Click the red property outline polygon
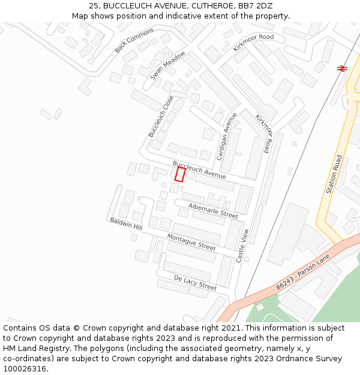coord(180,174)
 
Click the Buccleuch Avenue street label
coord(199,170)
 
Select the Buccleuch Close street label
coord(161,116)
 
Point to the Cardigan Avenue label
coord(227,136)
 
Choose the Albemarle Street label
coord(213,210)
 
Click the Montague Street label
coord(191,242)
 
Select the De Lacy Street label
coord(195,283)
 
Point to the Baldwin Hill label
coord(126,224)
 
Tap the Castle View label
coord(242,245)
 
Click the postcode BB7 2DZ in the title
coord(255,6)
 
